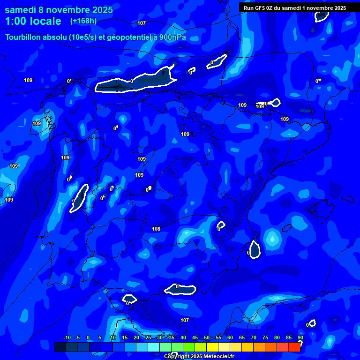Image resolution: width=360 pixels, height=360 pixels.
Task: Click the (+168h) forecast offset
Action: [83, 21]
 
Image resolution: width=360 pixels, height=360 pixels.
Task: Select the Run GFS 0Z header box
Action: [295, 8]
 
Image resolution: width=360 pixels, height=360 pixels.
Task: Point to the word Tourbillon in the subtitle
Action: [26, 37]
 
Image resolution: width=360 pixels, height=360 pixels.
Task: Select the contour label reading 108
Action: [156, 229]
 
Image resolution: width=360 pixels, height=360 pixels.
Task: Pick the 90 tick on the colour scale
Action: [300, 337]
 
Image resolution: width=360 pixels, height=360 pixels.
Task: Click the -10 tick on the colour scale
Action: [67, 337]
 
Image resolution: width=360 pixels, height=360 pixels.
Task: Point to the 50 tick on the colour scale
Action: [207, 337]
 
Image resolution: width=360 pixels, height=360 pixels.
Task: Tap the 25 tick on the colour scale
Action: [148, 337]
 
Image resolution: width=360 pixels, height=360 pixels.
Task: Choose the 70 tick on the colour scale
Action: [254, 337]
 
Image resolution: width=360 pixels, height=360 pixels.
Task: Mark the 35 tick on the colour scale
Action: [172, 337]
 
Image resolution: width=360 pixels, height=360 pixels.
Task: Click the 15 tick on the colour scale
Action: [125, 337]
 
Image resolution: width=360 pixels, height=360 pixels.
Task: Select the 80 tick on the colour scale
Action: [277, 337]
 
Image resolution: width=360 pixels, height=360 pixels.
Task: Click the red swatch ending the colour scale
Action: [294, 347]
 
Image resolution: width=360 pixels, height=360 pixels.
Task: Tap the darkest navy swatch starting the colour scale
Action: [60, 347]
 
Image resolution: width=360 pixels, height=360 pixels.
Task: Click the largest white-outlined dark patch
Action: [136, 82]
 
